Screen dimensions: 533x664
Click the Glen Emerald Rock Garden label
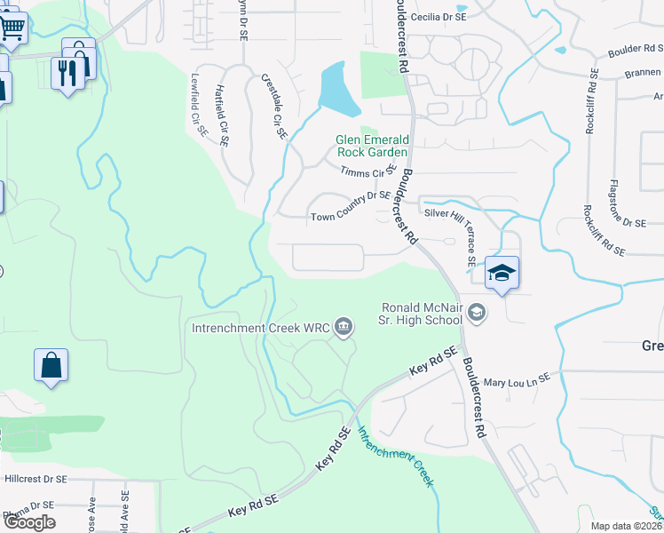tap(372, 146)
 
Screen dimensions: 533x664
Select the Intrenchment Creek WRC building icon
tap(344, 329)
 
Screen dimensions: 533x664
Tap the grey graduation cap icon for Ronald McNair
tap(477, 312)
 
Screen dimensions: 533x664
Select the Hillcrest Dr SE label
tap(36, 479)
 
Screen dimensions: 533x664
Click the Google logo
tap(29, 521)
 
